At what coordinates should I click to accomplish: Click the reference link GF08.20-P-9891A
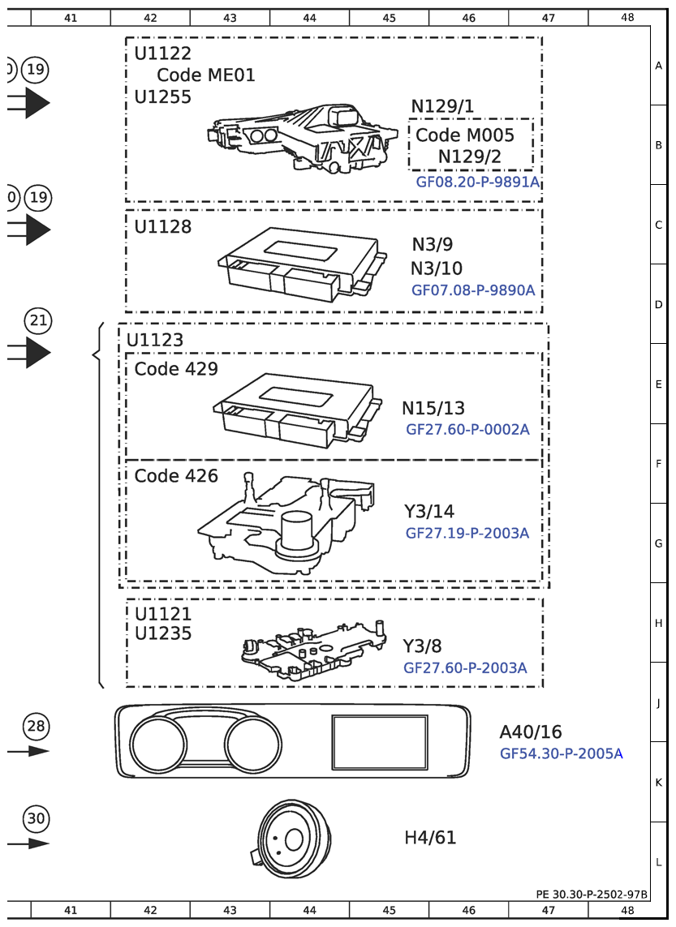[477, 182]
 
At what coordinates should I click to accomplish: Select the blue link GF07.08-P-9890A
[473, 290]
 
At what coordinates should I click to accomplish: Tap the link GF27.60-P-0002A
[467, 430]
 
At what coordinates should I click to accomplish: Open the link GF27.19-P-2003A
[467, 533]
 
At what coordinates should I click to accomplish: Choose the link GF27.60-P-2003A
[465, 667]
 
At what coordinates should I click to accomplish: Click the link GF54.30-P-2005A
[562, 753]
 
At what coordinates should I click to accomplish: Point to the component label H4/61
[430, 837]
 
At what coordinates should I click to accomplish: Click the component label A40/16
[530, 732]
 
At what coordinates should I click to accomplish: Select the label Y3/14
[429, 511]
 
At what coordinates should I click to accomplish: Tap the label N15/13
[433, 408]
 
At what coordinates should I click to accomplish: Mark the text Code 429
[176, 369]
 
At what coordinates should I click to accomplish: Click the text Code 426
[176, 476]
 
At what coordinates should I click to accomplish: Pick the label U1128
[163, 227]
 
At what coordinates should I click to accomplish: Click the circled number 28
[37, 726]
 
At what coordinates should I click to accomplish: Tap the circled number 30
[37, 819]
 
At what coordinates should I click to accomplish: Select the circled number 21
[38, 320]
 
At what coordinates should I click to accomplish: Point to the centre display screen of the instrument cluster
[380, 742]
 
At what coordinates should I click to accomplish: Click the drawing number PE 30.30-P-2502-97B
[592, 894]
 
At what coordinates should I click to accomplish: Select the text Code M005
[465, 135]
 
